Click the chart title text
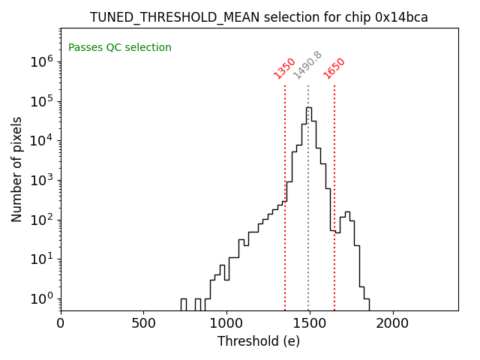click(259, 17)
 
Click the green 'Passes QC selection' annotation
click(120, 48)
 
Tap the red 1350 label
click(285, 68)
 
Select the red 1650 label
click(334, 68)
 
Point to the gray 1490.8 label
click(307, 65)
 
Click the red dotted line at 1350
click(285, 225)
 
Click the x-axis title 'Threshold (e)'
click(259, 342)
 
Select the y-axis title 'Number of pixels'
click(17, 169)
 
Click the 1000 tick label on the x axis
click(226, 323)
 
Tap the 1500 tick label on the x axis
click(309, 323)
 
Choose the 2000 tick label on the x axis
click(391, 323)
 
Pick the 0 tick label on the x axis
click(61, 323)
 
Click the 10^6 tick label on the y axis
click(40, 61)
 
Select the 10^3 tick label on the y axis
click(40, 180)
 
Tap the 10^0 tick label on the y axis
click(40, 298)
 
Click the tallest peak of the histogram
click(309, 108)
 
